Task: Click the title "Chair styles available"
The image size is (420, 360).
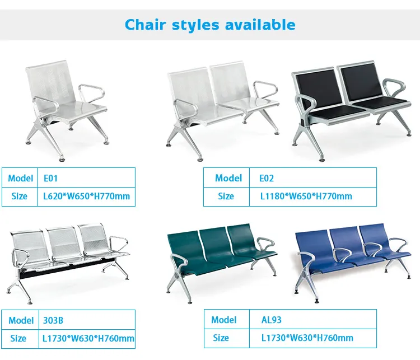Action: pyautogui.click(x=210, y=25)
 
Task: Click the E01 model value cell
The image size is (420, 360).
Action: pyautogui.click(x=86, y=178)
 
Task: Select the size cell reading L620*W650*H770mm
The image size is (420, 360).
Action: pyautogui.click(x=86, y=196)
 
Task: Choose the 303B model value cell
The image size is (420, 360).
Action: pyautogui.click(x=86, y=320)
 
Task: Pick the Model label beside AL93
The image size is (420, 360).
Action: pyautogui.click(x=224, y=320)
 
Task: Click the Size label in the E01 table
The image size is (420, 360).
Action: pyautogui.click(x=18, y=196)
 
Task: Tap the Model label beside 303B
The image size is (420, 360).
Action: pyautogui.click(x=21, y=320)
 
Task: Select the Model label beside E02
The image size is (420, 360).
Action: pyautogui.click(x=228, y=178)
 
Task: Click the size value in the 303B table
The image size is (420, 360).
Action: pyautogui.click(x=88, y=338)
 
